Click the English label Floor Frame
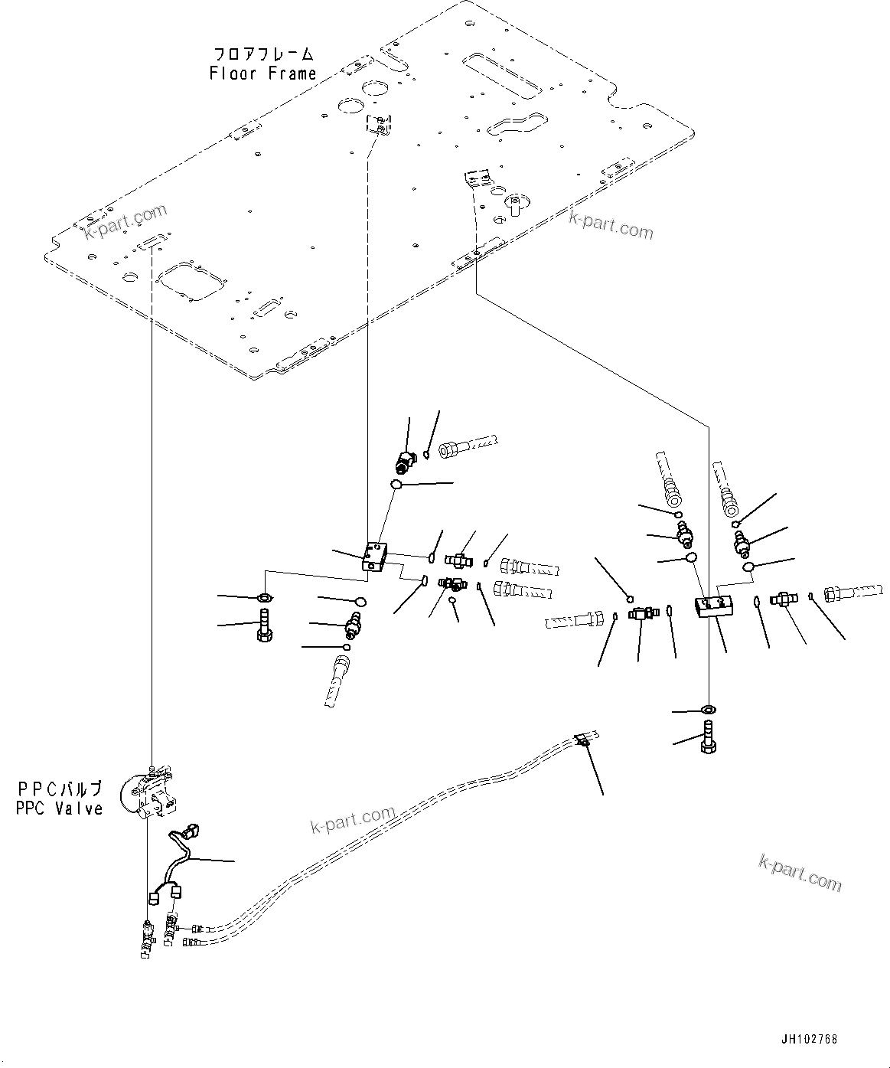click(262, 73)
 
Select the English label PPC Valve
click(59, 808)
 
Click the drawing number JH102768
click(810, 1040)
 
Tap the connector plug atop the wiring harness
click(191, 829)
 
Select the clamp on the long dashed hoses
click(582, 739)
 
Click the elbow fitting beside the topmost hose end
click(404, 460)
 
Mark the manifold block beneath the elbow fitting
click(375, 557)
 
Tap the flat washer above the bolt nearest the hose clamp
click(707, 711)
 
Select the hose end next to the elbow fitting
click(467, 446)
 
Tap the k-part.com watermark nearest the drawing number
click(800, 873)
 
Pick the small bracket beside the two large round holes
click(379, 123)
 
